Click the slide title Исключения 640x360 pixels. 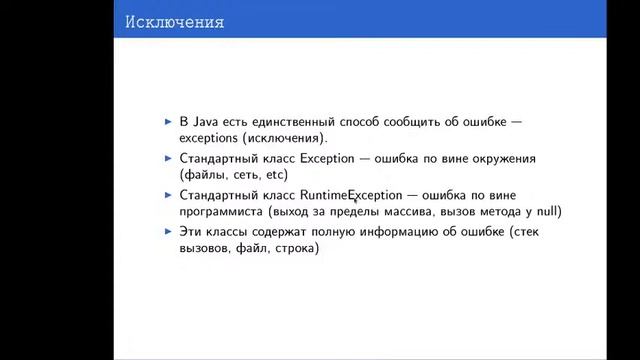coord(174,21)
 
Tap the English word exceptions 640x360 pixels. coord(212,139)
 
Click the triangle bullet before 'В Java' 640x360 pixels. coord(168,121)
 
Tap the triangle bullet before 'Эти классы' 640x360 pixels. coord(168,232)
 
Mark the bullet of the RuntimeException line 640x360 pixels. coord(168,195)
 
